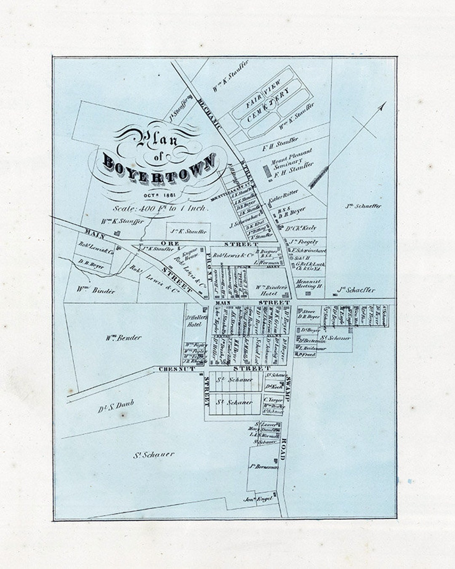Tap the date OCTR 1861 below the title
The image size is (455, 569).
(x=159, y=196)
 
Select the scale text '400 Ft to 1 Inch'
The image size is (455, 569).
(x=160, y=208)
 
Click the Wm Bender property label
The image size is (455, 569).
(x=123, y=338)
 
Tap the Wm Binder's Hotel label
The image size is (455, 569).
(x=272, y=290)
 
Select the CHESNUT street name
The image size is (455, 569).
(x=177, y=369)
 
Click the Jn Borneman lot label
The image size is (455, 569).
(x=264, y=467)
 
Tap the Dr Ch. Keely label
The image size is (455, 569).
(x=301, y=228)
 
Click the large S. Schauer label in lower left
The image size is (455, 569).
(x=154, y=455)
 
